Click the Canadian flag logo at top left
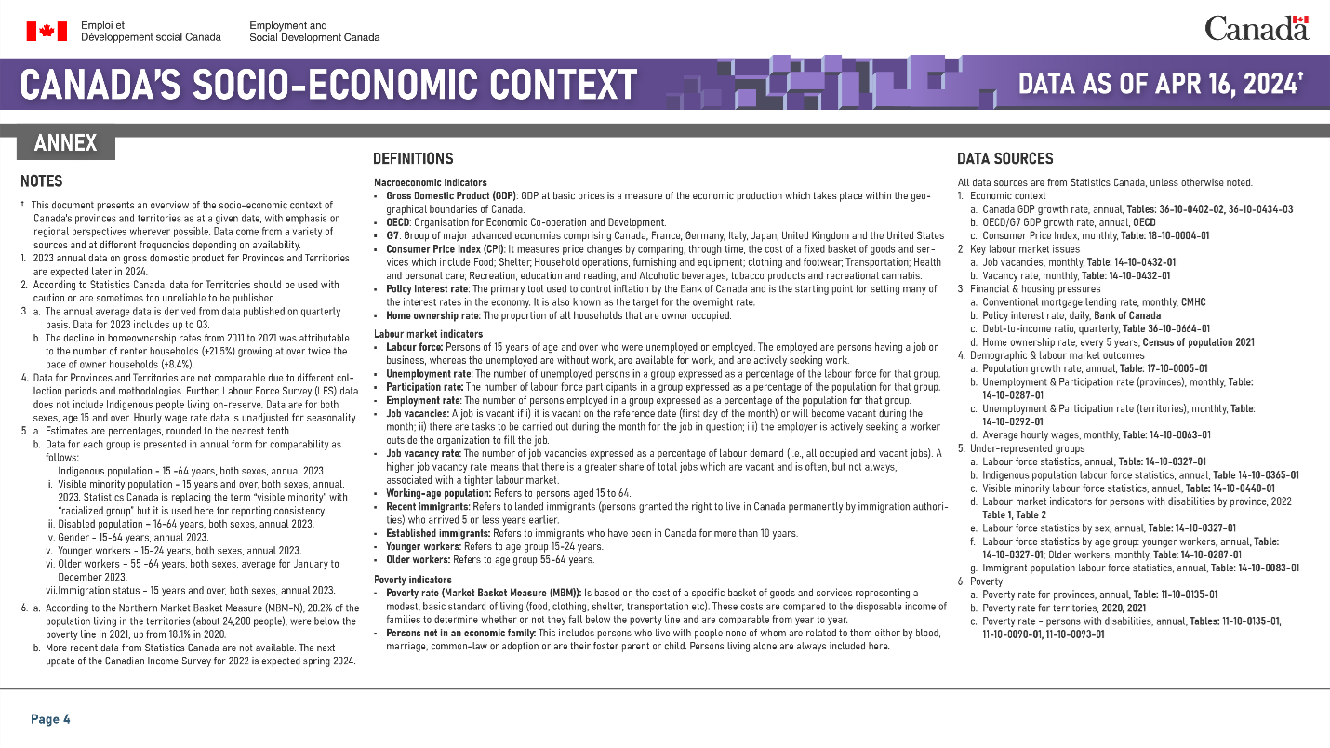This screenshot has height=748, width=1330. pyautogui.click(x=47, y=31)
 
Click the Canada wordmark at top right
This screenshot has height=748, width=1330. pyautogui.click(x=1257, y=28)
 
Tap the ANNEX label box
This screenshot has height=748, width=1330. pyautogui.click(x=65, y=142)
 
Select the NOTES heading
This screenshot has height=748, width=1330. pyautogui.click(x=41, y=181)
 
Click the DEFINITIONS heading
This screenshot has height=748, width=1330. pyautogui.click(x=413, y=159)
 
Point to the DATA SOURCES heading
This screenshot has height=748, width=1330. pyautogui.click(x=1005, y=159)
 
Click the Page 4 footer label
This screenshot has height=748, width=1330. pyautogui.click(x=50, y=719)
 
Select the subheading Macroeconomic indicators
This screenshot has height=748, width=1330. pyautogui.click(x=430, y=182)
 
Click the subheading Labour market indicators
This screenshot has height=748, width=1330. pyautogui.click(x=428, y=333)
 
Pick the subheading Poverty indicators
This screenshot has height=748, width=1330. pyautogui.click(x=413, y=580)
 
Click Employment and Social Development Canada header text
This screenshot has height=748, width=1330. pyautogui.click(x=314, y=32)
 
